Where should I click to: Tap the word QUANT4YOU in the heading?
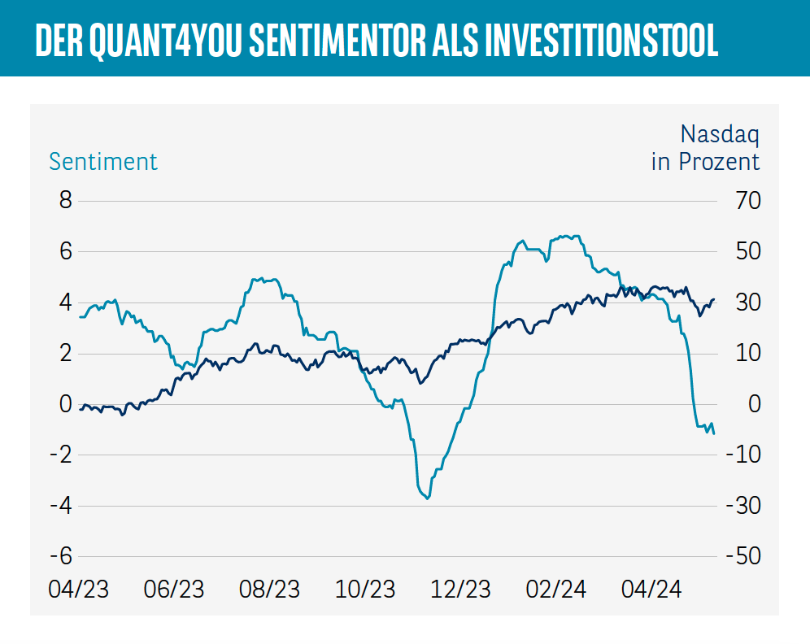(172, 41)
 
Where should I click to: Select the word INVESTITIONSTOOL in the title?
(601, 41)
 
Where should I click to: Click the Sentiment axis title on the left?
(103, 161)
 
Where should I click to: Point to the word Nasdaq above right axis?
(719, 133)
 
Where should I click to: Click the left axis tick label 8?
(66, 200)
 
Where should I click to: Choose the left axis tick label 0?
(66, 404)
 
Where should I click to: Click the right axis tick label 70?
(742, 200)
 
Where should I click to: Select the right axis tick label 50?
(742, 251)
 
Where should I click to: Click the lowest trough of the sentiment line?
(427, 498)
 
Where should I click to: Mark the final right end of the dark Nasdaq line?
(714, 299)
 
